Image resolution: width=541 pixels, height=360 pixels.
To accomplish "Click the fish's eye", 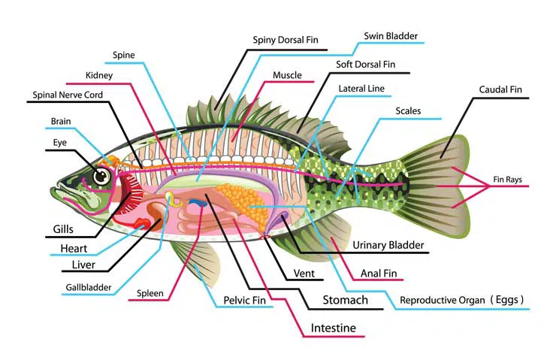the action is [101, 177].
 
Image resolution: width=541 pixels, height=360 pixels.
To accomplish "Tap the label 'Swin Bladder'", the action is [391, 36].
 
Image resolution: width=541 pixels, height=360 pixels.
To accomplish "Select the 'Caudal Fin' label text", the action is [500, 89].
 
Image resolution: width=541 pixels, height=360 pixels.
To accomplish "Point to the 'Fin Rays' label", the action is [507, 180].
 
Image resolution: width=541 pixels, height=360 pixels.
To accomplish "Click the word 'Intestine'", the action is [334, 328].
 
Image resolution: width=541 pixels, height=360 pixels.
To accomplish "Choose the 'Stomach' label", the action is [345, 300].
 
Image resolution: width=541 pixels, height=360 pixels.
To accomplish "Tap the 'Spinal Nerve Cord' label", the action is [68, 95].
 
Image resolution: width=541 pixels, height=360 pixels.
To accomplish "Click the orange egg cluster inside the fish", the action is [243, 204].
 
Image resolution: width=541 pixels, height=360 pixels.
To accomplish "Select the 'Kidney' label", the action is [99, 75].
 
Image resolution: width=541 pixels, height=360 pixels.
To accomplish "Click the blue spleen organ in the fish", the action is [198, 203].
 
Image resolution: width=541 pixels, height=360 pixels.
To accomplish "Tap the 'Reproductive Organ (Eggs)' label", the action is [461, 300].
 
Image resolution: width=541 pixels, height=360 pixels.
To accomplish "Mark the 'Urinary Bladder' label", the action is [388, 245].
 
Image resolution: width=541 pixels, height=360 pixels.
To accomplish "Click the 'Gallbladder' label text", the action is [89, 287].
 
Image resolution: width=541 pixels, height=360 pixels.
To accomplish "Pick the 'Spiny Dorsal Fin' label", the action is [286, 40].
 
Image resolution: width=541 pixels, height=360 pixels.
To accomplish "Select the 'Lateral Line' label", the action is [361, 89].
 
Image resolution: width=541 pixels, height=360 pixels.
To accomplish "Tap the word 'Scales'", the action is [408, 110].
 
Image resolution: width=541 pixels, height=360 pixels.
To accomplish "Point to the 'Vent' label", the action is [304, 274].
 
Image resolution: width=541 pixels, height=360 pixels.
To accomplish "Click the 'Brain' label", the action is [61, 121].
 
